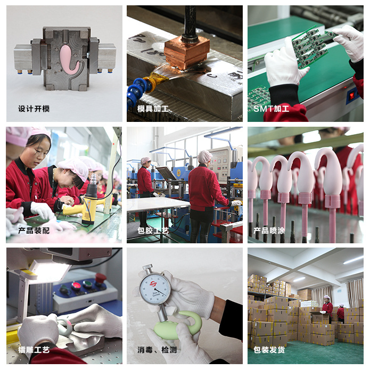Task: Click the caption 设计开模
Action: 34,109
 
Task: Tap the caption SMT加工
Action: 271,109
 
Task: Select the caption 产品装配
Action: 34,231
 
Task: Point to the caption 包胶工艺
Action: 153,231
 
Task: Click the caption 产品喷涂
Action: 269,231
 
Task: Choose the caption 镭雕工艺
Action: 34,350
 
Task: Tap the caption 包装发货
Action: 269,350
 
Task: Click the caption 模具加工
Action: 153,109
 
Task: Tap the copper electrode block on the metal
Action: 187,52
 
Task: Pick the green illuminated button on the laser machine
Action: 87,283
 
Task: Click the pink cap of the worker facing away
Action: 204,156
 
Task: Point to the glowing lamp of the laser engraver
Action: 50,272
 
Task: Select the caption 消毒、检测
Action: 157,350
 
